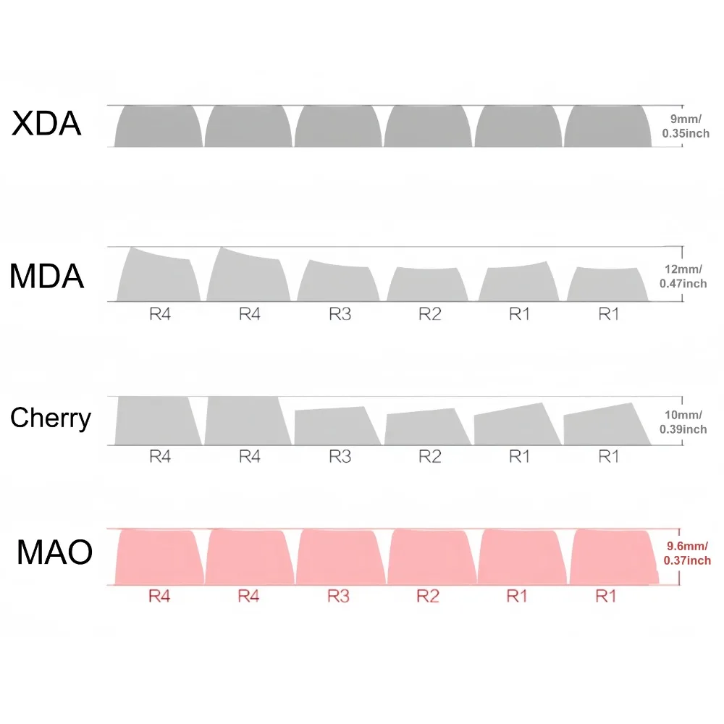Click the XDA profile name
pos(46,123)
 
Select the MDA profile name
pos(47,277)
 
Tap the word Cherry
pos(51,418)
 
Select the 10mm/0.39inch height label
pos(683,422)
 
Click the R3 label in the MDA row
pos(340,314)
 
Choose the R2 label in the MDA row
pos(429,314)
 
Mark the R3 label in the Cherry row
pos(340,456)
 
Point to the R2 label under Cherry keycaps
pos(429,456)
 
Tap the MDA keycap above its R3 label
pos(337,283)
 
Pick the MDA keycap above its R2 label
pos(428,285)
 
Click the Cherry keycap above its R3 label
pos(335,427)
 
